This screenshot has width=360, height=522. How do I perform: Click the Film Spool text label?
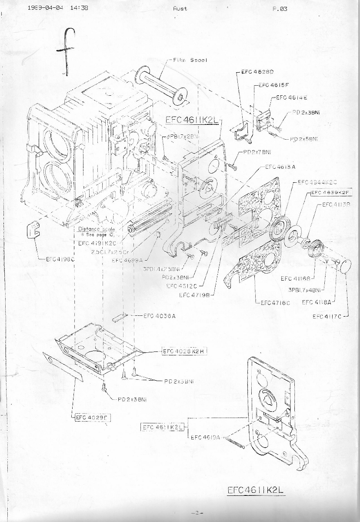click(x=190, y=60)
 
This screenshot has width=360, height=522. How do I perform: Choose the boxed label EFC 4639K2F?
click(x=331, y=192)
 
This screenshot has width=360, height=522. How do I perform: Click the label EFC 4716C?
click(x=275, y=303)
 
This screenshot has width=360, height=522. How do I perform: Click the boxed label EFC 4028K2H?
click(x=183, y=351)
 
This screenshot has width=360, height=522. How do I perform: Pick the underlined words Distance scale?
click(x=95, y=229)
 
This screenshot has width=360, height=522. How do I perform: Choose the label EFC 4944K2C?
click(x=312, y=182)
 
